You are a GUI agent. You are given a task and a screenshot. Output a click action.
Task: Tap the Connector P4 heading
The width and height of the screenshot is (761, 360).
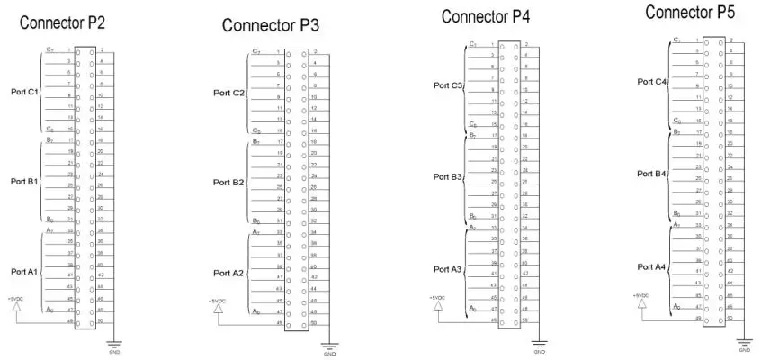coord(486,16)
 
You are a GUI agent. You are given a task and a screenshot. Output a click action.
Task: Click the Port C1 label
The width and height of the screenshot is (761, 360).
coord(24,92)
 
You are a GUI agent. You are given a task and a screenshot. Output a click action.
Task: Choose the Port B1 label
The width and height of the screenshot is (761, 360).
coord(24,181)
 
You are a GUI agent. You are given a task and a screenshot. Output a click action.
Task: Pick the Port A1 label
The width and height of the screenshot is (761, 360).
coord(24,271)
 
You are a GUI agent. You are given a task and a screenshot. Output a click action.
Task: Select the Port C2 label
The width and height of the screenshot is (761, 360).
coord(228,93)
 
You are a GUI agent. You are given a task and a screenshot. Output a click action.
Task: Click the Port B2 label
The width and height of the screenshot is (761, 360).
coord(228,182)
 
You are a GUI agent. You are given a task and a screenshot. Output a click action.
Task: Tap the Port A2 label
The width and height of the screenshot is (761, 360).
coord(228,272)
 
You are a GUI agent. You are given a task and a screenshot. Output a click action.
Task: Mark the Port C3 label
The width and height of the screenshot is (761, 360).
coord(447,85)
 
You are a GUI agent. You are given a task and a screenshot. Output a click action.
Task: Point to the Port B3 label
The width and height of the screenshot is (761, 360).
coord(447,177)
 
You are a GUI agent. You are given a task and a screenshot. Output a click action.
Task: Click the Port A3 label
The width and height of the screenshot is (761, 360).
coord(447,268)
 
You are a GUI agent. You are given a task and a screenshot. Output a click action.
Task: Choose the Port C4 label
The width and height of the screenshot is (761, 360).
coord(652,82)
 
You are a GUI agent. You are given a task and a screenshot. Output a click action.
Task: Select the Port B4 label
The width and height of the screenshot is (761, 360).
coord(652,173)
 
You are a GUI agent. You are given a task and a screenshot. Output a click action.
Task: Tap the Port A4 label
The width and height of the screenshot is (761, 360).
coord(652,266)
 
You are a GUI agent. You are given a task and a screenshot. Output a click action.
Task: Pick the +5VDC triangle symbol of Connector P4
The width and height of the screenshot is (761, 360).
coord(437,308)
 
